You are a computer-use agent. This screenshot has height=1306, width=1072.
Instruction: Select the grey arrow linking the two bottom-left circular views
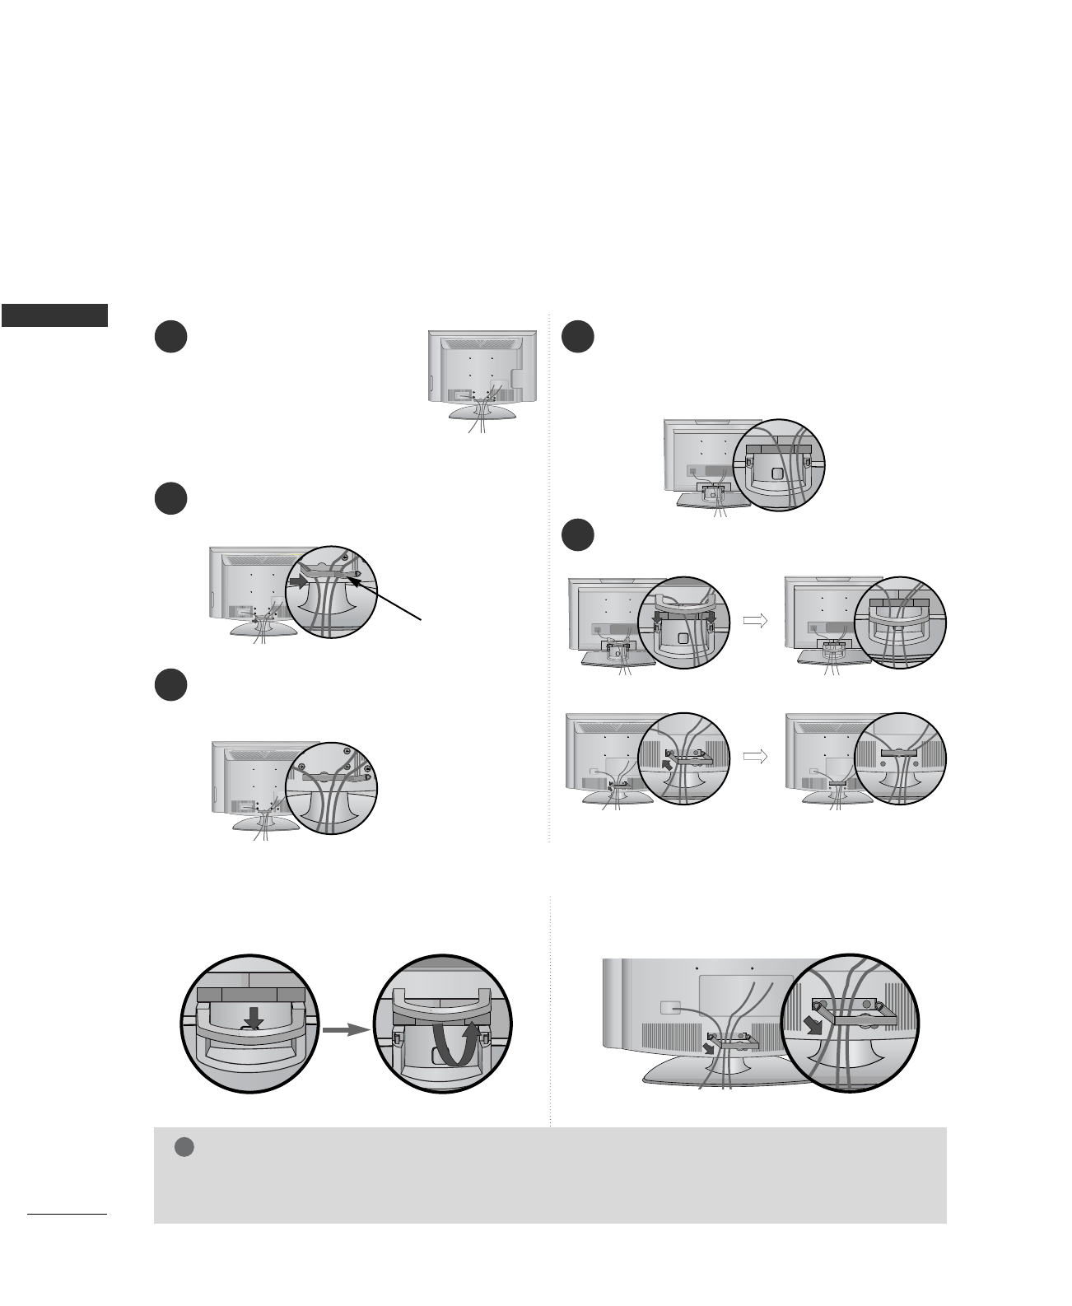pyautogui.click(x=343, y=1029)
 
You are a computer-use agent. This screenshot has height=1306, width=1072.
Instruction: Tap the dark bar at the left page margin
pyautogui.click(x=54, y=315)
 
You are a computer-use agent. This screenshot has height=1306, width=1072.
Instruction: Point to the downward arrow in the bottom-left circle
pyautogui.click(x=254, y=1018)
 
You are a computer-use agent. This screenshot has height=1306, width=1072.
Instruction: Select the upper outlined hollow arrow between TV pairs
pyautogui.click(x=754, y=622)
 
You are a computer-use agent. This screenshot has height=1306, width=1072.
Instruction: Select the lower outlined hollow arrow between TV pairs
pyautogui.click(x=754, y=756)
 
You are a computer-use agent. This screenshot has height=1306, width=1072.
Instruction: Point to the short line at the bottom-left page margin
pyautogui.click(x=67, y=1214)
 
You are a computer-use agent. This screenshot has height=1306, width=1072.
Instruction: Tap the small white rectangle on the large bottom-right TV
pyautogui.click(x=670, y=1005)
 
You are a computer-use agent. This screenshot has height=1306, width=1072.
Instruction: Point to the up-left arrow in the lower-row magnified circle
pyautogui.click(x=668, y=765)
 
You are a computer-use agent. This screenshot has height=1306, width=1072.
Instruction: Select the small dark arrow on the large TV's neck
pyautogui.click(x=709, y=1048)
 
